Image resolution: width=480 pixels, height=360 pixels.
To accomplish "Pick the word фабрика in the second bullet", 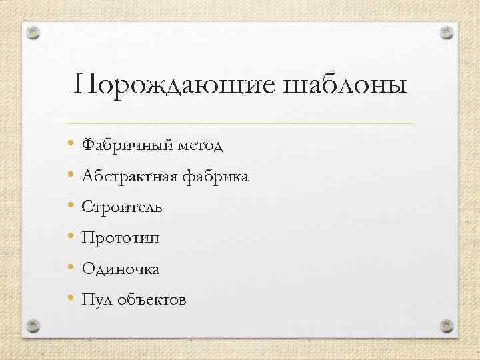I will tap(215, 177).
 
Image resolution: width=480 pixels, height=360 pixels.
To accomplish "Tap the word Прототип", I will tap(121, 238).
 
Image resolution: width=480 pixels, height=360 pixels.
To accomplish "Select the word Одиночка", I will tap(120, 269).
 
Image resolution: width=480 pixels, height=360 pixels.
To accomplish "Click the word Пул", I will tap(95, 300).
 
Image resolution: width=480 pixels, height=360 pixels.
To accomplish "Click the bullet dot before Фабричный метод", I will tap(71, 143).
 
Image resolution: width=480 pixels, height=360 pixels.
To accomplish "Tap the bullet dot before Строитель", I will tap(71, 206).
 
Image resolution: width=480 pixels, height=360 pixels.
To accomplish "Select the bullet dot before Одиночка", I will tap(71, 268).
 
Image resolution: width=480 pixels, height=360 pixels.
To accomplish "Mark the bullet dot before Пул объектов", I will tap(71, 299).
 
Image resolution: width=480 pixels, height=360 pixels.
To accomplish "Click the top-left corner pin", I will tap(33, 33).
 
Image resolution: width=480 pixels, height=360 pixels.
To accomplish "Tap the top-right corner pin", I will tap(447, 33).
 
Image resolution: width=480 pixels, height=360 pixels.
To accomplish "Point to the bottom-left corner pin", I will tap(33, 325).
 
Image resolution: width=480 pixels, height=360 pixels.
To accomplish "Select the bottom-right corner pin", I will tap(447, 325).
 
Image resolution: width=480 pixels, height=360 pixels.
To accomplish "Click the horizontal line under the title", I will tap(240, 124).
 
